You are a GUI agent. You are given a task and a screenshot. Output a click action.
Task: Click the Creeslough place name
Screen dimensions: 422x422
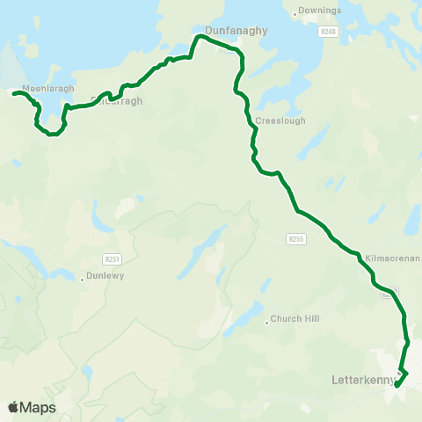280,120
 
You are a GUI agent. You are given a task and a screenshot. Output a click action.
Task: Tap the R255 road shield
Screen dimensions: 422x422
295,238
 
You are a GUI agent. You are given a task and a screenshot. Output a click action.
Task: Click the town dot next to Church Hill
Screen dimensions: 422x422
266,322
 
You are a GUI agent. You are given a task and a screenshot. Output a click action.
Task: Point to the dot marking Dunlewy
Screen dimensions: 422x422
81,280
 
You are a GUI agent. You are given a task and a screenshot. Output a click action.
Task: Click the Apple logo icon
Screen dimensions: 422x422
13,407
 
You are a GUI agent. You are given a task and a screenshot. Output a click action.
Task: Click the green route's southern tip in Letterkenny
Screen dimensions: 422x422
397,385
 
